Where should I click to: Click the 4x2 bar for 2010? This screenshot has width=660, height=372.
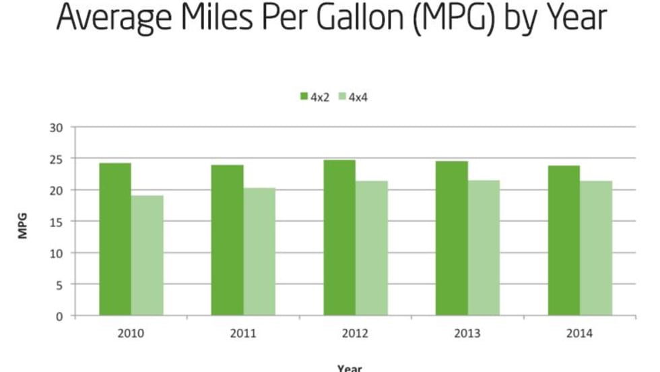115,239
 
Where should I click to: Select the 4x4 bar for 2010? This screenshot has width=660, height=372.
147,255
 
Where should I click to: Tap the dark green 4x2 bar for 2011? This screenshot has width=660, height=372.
227,240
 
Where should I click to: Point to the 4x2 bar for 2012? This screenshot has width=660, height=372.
339,237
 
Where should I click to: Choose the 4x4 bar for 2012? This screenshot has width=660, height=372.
372,248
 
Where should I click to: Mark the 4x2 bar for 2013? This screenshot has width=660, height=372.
451,238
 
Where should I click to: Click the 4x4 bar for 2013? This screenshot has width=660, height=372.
484,247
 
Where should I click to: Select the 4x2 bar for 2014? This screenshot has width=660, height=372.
564,240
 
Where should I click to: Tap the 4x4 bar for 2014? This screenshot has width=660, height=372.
596,248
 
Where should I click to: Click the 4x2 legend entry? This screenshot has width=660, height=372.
315,98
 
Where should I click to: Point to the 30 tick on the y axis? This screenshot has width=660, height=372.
59,127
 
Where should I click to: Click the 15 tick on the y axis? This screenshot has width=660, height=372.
59,222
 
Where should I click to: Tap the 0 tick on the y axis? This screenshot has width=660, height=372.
61,316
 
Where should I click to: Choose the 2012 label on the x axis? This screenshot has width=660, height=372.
356,333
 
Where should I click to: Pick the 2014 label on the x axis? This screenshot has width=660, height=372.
580,333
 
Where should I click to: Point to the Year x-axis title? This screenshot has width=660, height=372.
350,368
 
